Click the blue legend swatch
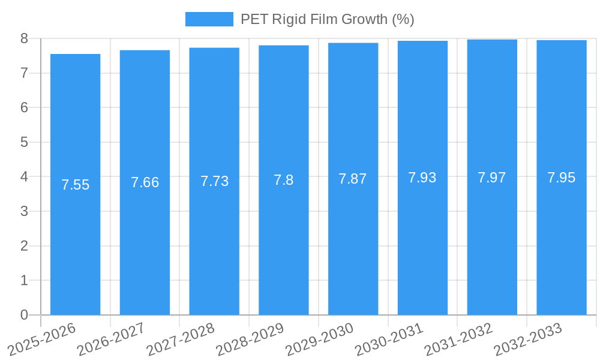[x=209, y=19]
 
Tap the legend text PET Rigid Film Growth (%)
[x=327, y=19]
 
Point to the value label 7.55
[x=75, y=185]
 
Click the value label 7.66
[x=145, y=182]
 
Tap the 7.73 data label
[x=214, y=181]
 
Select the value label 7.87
[x=353, y=179]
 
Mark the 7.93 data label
[x=422, y=178]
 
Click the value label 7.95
[x=561, y=178]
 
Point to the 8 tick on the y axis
[x=24, y=38]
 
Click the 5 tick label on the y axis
[x=24, y=142]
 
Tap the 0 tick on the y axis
[x=24, y=315]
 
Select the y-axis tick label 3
[x=24, y=211]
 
